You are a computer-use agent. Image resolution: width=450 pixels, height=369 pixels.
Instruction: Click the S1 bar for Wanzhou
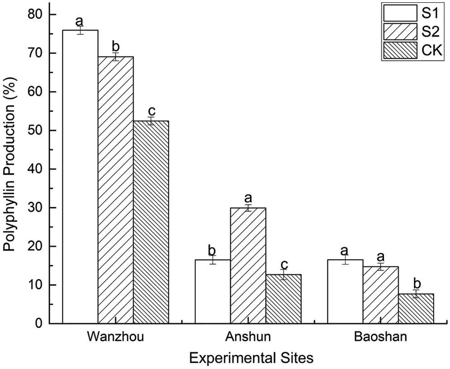pyautogui.click(x=80, y=176)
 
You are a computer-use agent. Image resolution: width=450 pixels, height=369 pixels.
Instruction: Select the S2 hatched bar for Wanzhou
pyautogui.click(x=116, y=190)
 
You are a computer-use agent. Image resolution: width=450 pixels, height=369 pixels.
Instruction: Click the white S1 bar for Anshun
pyautogui.click(x=213, y=291)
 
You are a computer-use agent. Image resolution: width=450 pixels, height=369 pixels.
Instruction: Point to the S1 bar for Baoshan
pyautogui.click(x=345, y=291)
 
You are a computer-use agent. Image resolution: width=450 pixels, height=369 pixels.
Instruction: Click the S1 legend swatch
pyautogui.click(x=400, y=13)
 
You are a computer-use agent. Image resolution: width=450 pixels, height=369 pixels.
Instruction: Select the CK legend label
pyautogui.click(x=431, y=50)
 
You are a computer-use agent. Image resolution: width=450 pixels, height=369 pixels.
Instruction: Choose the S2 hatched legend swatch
pyautogui.click(x=400, y=32)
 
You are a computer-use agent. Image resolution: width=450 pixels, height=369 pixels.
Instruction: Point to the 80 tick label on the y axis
pyautogui.click(x=35, y=14)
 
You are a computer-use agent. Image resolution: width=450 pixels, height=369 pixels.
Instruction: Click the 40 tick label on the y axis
pyautogui.click(x=35, y=169)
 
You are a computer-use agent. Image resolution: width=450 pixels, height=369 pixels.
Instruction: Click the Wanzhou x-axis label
pyautogui.click(x=116, y=337)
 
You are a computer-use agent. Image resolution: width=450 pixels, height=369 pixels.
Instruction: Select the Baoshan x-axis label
pyautogui.click(x=380, y=337)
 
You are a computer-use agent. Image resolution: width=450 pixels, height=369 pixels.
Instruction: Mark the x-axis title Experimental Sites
pyautogui.click(x=251, y=358)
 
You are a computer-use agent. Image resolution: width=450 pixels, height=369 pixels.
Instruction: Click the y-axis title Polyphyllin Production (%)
pyautogui.click(x=10, y=169)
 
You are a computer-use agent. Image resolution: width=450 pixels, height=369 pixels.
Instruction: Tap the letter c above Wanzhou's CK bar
pyautogui.click(x=152, y=111)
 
